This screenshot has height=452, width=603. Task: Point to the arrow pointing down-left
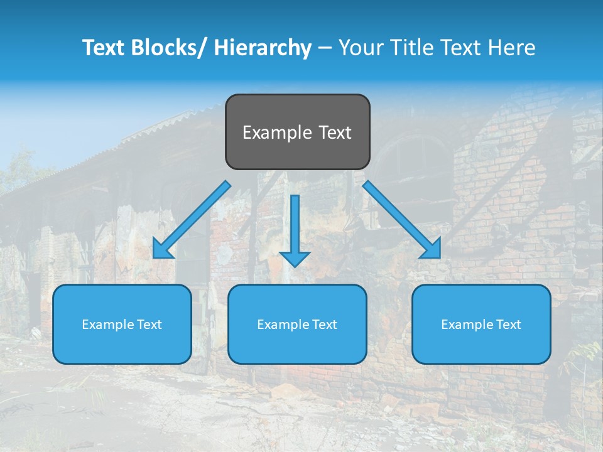(192, 220)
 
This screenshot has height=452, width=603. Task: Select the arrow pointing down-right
(402, 220)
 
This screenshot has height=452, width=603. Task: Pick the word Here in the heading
(514, 48)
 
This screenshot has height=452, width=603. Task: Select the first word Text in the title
(104, 48)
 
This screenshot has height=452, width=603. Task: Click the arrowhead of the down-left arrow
(160, 251)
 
